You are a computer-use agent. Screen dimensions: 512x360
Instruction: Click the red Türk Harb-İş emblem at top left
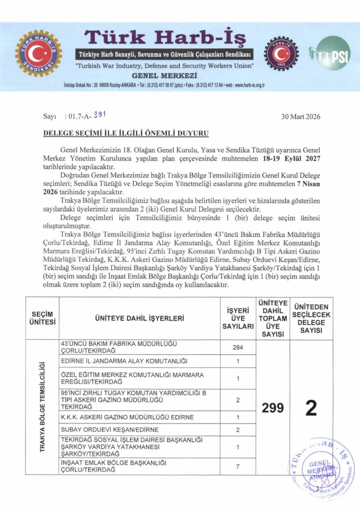tap(38, 54)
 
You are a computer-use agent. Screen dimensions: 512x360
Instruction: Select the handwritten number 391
tap(100, 115)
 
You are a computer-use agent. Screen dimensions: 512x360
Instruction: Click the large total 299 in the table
tap(272, 408)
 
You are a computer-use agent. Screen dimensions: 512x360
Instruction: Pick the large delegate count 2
tap(311, 408)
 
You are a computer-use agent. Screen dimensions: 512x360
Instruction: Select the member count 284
tap(238, 347)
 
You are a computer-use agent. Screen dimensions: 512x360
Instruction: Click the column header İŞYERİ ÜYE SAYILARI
tap(238, 318)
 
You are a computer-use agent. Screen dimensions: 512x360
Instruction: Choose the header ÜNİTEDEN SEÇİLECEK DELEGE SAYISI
tap(311, 318)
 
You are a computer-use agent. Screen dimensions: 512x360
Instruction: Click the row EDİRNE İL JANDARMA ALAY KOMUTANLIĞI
tap(123, 361)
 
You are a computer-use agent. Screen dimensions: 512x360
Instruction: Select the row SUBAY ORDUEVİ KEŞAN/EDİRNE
tap(109, 429)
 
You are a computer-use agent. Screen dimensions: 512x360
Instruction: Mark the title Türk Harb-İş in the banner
tap(165, 37)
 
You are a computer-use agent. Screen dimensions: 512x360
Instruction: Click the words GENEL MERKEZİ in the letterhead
tap(164, 74)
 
